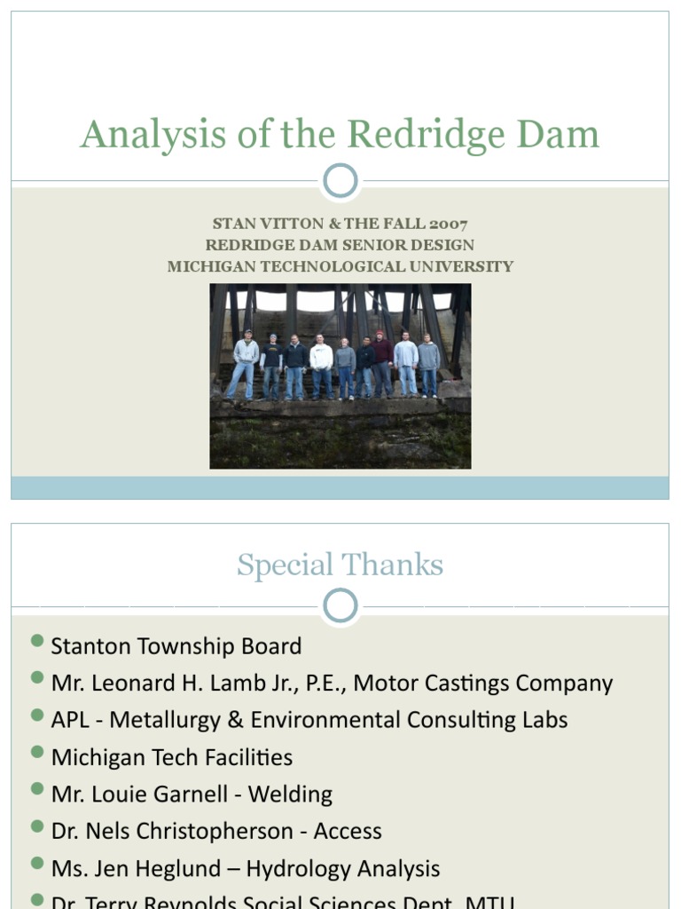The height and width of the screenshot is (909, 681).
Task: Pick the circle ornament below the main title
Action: [340, 181]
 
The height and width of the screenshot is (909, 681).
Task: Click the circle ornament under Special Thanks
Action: [340, 606]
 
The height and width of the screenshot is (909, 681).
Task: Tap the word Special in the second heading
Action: [285, 566]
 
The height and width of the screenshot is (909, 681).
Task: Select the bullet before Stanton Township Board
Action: [36, 642]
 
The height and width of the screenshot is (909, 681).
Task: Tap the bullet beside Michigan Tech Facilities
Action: [36, 753]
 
